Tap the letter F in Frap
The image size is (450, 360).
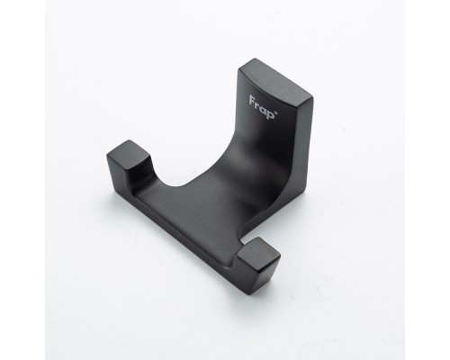[x=253, y=101]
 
